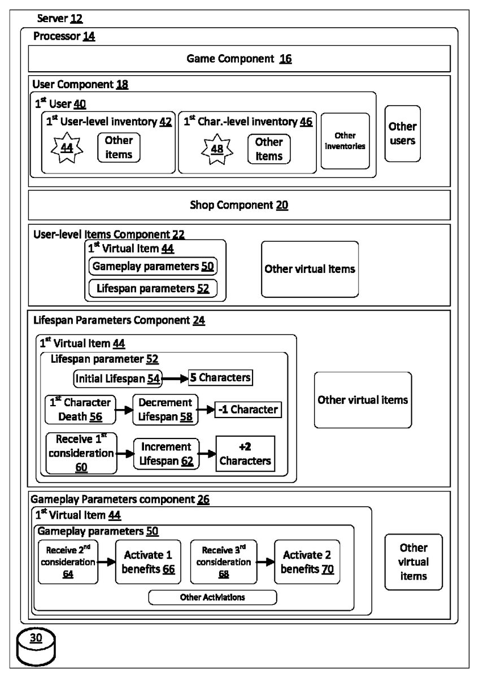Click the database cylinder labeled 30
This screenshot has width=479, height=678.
36,646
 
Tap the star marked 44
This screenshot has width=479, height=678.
67,147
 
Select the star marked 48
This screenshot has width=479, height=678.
217,149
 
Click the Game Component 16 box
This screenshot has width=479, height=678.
239,58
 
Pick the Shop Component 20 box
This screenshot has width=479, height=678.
239,205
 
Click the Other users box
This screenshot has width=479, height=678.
402,133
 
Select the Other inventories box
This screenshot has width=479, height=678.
345,141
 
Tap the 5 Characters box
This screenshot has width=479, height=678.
220,377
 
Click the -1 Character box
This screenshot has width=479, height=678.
248,410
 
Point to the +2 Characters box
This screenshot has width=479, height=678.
245,454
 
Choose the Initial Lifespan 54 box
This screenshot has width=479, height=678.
117,379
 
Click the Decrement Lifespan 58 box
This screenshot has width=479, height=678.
166,410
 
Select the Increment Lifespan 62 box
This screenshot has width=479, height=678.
166,454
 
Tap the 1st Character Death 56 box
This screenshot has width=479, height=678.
80,410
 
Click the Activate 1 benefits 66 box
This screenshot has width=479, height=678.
148,562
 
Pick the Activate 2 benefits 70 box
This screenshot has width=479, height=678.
307,562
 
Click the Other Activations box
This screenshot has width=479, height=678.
212,597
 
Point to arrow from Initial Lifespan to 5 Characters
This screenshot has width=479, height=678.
175,379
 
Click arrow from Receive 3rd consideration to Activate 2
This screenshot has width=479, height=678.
265,562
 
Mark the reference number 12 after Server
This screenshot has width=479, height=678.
76,19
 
